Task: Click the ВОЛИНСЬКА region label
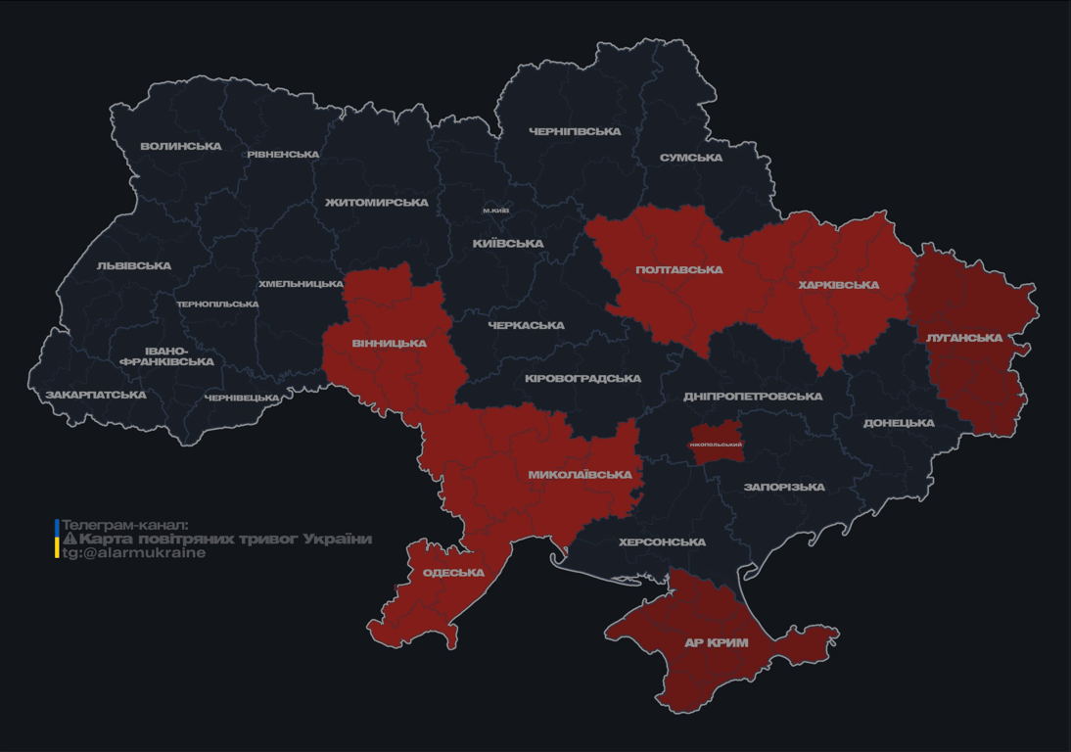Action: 181,147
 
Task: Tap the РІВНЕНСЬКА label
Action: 283,155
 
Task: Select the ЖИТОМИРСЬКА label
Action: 377,203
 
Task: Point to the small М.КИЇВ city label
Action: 496,211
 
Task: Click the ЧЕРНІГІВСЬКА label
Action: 575,131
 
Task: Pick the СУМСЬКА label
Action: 691,158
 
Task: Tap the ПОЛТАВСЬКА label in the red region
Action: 678,269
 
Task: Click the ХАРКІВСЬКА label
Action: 838,285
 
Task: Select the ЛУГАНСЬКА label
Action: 964,338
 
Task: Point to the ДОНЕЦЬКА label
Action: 899,423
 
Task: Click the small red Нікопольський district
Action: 717,444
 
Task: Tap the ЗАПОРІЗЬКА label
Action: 784,487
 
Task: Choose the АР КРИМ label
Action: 716,643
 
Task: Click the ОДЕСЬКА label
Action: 453,573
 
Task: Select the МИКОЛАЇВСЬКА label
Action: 580,475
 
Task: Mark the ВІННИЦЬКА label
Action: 389,344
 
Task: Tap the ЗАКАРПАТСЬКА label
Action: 95,396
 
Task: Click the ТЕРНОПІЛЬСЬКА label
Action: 217,305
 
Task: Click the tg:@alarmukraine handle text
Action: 134,553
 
